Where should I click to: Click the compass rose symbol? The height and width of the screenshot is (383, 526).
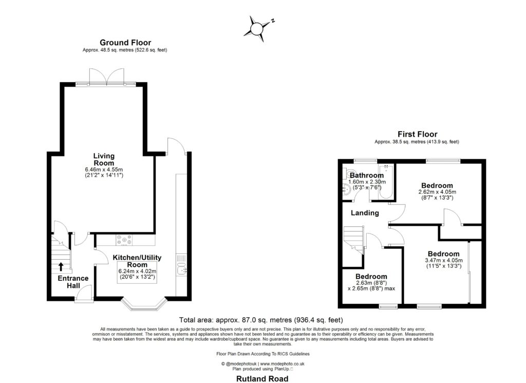point(256,27)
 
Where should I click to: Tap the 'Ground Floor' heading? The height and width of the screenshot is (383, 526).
point(125,43)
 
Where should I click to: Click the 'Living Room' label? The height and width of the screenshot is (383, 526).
point(104,159)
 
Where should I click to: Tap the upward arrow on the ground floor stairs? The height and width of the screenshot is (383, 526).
point(61,266)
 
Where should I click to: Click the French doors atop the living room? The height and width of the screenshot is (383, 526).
point(106,77)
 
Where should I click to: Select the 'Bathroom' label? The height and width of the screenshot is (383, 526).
point(367,175)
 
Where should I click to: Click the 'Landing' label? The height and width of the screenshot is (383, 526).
point(365,213)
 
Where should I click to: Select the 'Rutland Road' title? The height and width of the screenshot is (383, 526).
point(262,378)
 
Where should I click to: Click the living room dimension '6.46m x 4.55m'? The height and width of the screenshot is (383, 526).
point(104,169)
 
